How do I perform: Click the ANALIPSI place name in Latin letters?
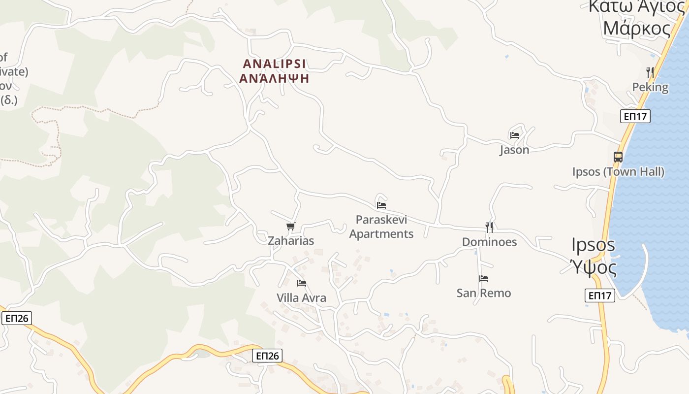tap(274, 64)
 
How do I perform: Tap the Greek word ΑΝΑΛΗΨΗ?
tap(274, 78)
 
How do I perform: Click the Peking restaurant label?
tap(650, 87)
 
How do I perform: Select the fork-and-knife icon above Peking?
tap(650, 72)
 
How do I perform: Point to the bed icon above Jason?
tap(515, 135)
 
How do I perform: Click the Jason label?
tap(514, 150)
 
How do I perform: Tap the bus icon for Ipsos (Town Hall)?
tap(618, 157)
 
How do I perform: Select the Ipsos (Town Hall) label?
tap(618, 172)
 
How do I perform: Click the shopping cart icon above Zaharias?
tap(291, 227)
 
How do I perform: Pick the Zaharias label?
tap(291, 241)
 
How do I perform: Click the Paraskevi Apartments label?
tap(381, 227)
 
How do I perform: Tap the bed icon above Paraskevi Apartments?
tap(381, 205)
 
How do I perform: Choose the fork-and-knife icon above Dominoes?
tap(489, 227)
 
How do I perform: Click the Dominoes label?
tap(489, 242)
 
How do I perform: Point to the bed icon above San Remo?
tap(484, 279)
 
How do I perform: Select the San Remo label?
tap(484, 293)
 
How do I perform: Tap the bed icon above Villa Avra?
tap(302, 283)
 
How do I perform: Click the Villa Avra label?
tap(301, 298)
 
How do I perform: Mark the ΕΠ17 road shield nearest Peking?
tap(635, 116)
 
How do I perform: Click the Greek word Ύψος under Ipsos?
tap(594, 267)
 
